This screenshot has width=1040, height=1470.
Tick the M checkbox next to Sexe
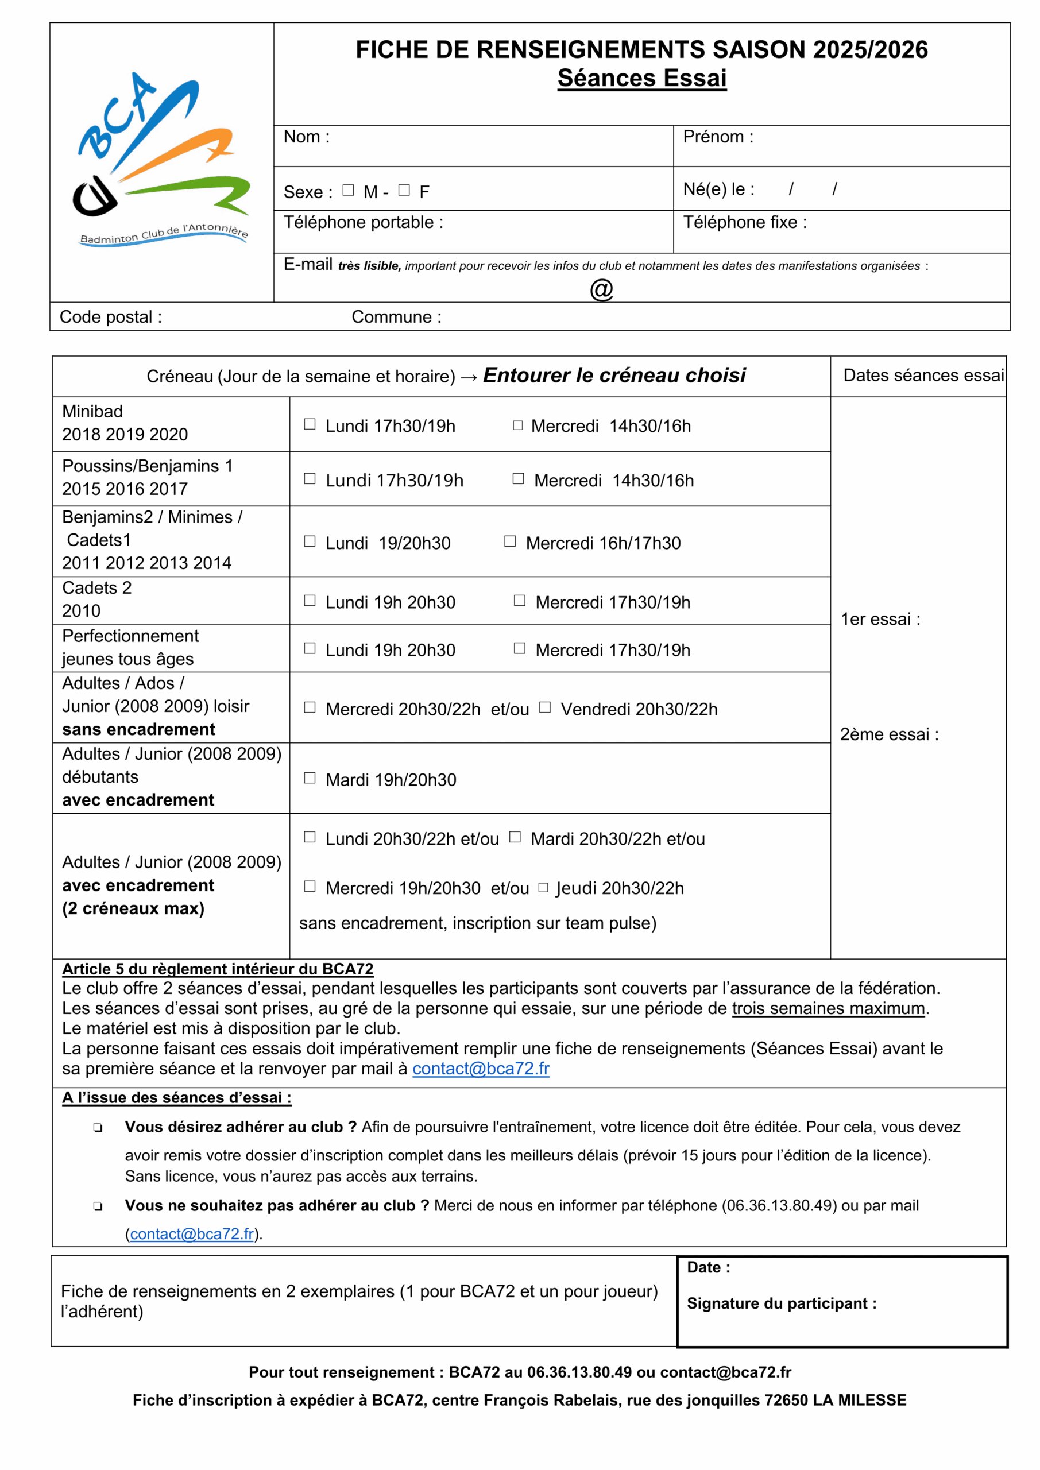(349, 190)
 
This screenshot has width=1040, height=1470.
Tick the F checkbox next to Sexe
(404, 190)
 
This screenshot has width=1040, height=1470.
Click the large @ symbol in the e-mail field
(601, 289)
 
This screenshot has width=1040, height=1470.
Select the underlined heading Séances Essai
(641, 78)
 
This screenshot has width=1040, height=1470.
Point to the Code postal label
(111, 317)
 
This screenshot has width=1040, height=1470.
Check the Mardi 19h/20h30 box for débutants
(310, 778)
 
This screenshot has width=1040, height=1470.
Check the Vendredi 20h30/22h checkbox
(545, 707)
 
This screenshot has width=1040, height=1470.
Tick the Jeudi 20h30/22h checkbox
(543, 887)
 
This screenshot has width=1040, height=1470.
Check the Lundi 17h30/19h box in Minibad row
(310, 424)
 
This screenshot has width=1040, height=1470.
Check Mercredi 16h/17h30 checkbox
(510, 541)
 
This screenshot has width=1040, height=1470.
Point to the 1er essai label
(880, 619)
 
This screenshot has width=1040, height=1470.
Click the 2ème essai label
(889, 734)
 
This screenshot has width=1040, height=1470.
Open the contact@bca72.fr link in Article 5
(480, 1069)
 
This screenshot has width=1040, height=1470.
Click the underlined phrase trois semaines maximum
(829, 1008)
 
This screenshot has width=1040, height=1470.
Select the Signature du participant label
(781, 1303)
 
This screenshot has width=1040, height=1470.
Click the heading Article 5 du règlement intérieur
(218, 969)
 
